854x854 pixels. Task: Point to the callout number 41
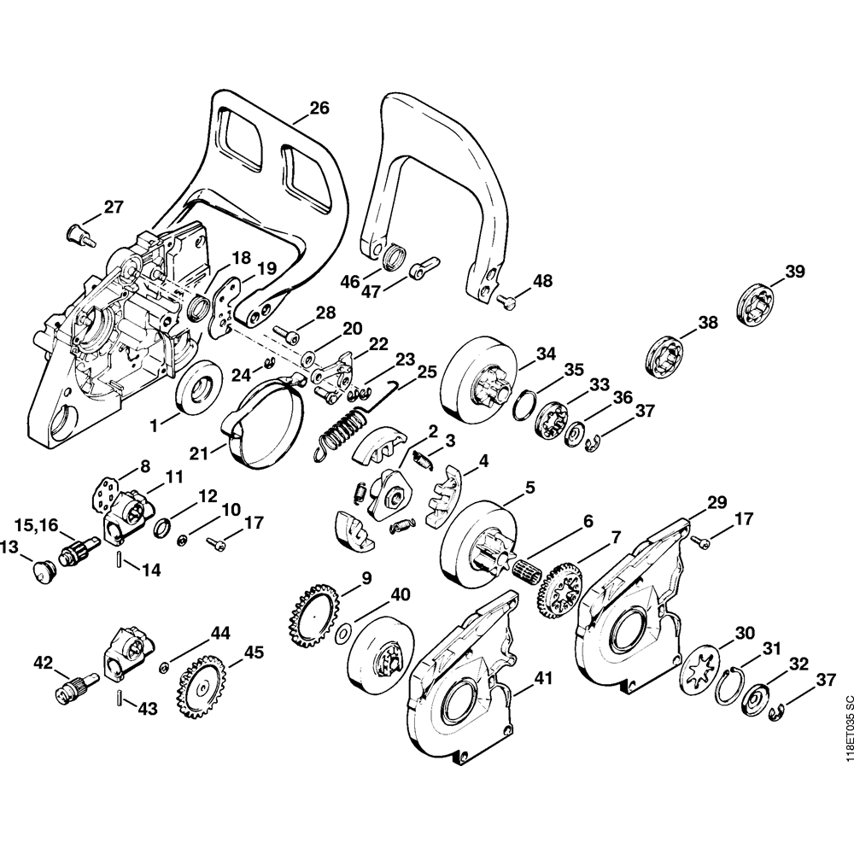543,680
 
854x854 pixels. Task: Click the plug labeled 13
38,570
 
